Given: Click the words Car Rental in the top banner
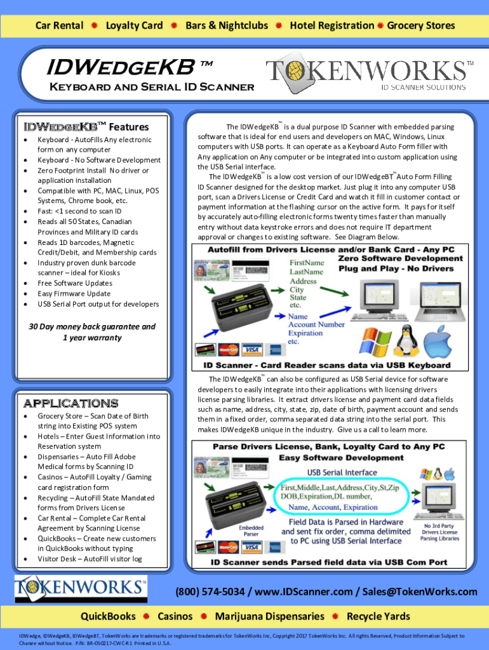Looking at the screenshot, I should coord(59,25).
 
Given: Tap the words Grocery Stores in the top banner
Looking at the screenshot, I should coord(421,25).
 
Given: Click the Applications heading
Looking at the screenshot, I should coord(70,403).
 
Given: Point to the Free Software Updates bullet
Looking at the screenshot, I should coord(75,283).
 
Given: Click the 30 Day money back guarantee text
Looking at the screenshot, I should coord(92,327).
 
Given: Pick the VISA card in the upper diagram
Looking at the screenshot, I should coord(252,350).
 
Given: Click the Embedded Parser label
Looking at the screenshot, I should coord(251,531).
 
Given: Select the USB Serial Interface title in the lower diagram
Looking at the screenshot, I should coord(342,472).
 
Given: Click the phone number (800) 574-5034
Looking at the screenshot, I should coord(210,592).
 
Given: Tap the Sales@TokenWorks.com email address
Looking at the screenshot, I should coord(420,592).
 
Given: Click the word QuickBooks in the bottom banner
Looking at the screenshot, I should coord(108,616).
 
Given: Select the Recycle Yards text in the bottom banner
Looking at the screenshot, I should coord(378,616).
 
